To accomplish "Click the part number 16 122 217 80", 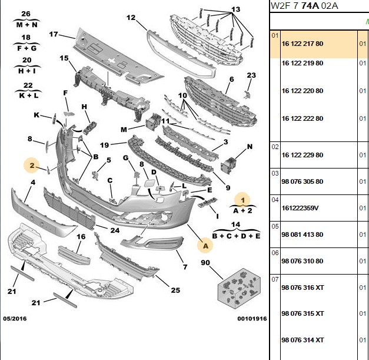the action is (302, 44).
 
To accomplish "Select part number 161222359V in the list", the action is (300, 208).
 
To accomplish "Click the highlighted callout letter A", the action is (205, 246).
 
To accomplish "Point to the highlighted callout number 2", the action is (32, 166).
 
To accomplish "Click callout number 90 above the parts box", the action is (205, 262).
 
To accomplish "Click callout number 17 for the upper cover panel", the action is (54, 34).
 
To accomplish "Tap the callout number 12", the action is (131, 18).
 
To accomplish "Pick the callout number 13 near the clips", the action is (235, 9).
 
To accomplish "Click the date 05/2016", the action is (15, 319).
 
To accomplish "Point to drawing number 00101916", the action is (252, 319).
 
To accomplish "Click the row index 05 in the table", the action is (275, 226).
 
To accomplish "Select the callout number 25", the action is (175, 290).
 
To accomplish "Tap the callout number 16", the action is (81, 236).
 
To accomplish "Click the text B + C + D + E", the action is (236, 236).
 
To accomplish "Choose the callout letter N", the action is (250, 147).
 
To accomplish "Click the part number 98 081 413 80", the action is (302, 235).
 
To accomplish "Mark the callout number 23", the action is (251, 75).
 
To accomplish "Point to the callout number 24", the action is (115, 230).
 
